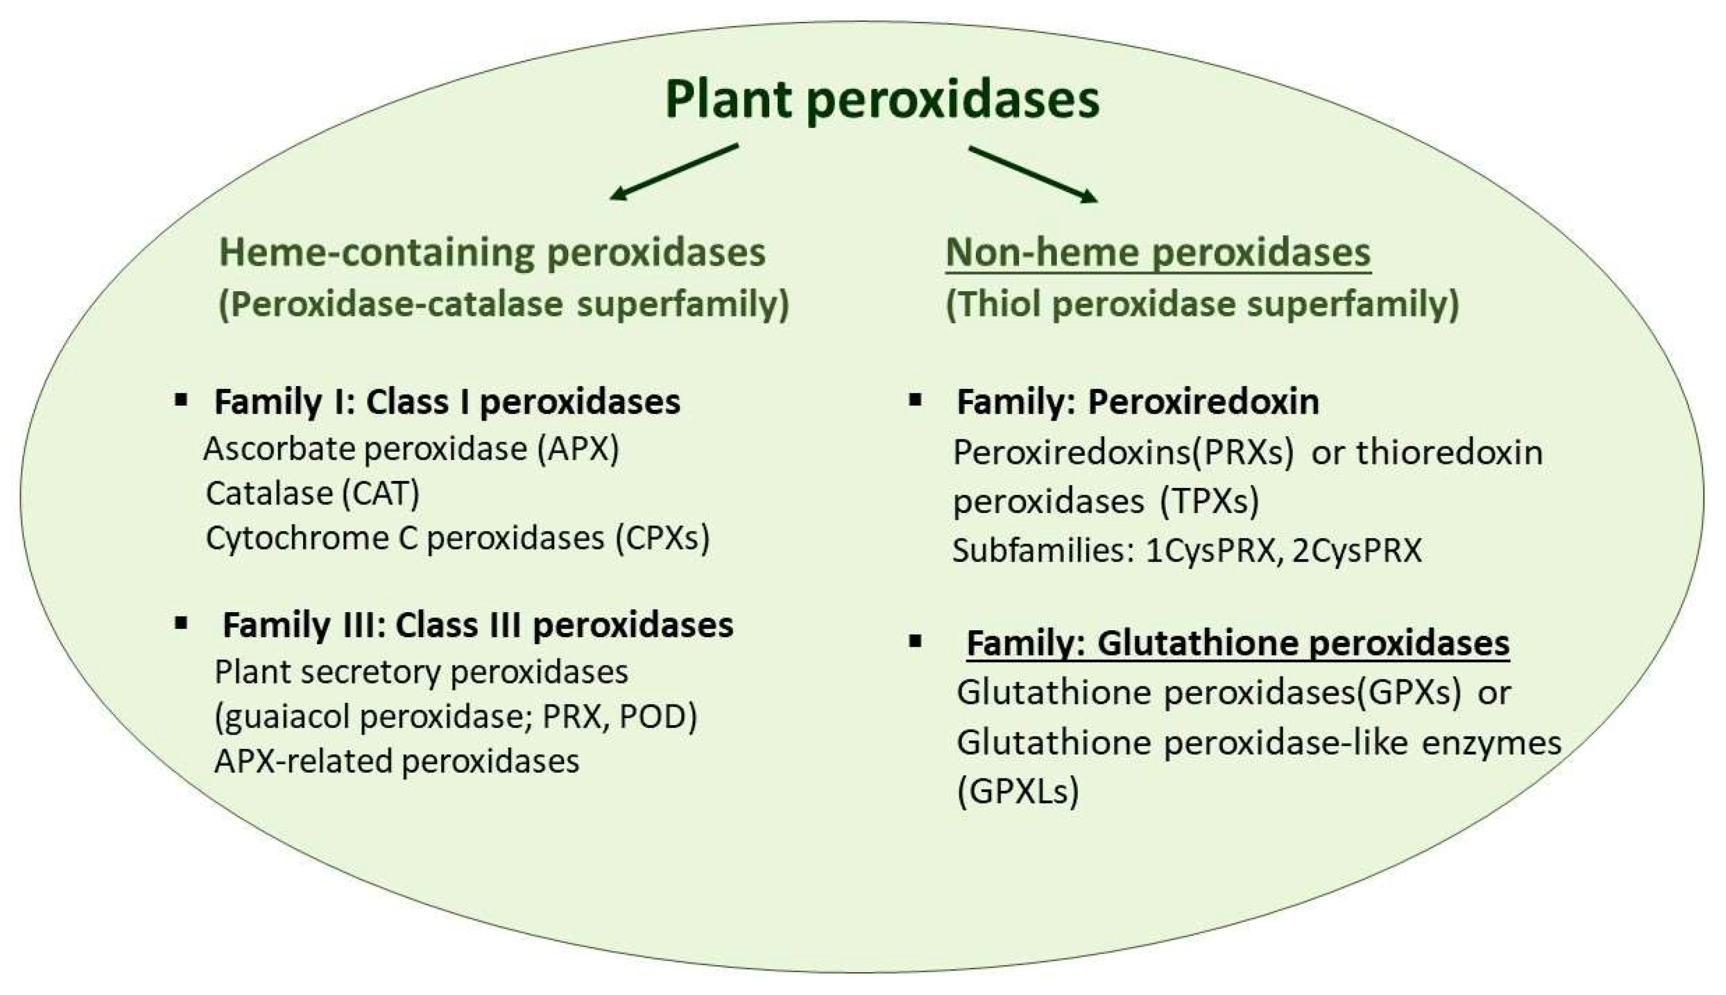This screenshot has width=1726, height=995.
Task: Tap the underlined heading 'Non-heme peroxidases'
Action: (x=1158, y=252)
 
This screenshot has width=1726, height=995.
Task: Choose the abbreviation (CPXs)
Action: (x=662, y=539)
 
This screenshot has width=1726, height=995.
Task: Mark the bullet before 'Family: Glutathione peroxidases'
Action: (x=916, y=641)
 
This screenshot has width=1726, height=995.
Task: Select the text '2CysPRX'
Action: (x=1357, y=551)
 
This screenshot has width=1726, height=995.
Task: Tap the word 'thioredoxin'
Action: (x=1450, y=453)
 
